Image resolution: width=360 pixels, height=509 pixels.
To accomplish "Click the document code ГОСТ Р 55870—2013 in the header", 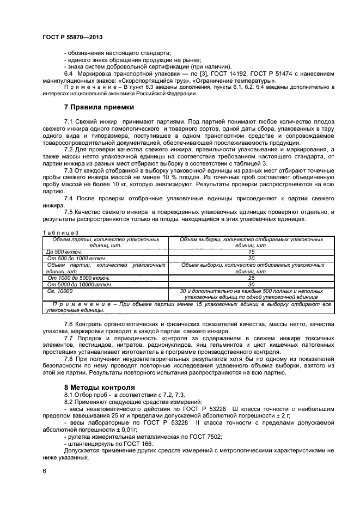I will [x=72, y=36].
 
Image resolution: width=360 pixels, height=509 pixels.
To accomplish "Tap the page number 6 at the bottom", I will [x=44, y=472].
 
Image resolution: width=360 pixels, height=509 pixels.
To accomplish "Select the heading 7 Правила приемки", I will [x=99, y=107].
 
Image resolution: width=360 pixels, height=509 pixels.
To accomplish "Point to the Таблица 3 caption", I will [x=57, y=233].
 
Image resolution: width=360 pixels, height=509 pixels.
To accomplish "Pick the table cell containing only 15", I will [x=251, y=252].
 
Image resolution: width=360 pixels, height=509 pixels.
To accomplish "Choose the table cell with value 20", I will [x=251, y=259].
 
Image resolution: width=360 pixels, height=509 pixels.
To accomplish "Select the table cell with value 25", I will [x=251, y=278].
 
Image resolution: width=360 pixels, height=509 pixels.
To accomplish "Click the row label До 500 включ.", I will [x=64, y=252].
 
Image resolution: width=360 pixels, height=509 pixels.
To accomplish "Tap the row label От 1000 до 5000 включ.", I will [x=78, y=278].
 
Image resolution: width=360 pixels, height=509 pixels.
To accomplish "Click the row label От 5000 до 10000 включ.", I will [x=80, y=284].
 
